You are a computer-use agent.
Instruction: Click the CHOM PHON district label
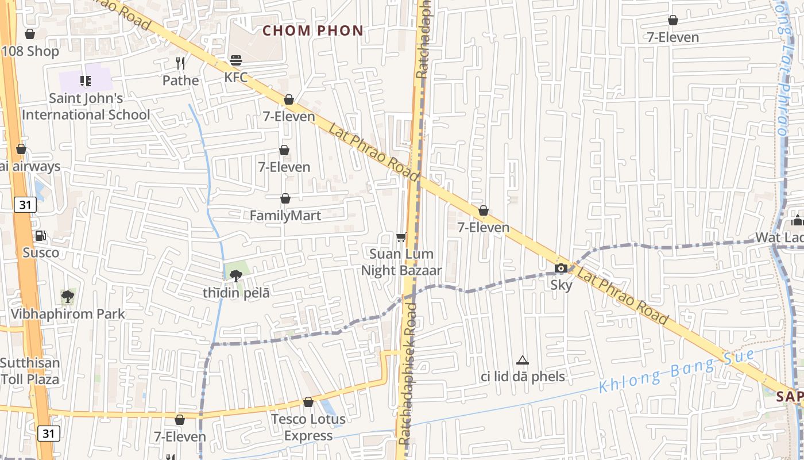(x=313, y=30)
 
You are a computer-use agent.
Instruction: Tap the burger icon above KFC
(x=235, y=60)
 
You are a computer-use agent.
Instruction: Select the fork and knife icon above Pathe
(x=180, y=63)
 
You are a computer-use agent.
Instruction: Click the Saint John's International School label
(x=86, y=106)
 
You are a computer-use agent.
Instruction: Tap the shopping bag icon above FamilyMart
(x=285, y=198)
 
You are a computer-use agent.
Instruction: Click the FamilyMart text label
(x=285, y=216)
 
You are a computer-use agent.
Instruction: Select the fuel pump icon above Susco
(x=41, y=235)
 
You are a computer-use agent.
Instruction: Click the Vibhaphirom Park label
(x=68, y=314)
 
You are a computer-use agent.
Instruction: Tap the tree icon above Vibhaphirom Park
(x=68, y=297)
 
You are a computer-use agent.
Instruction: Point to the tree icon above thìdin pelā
(x=235, y=276)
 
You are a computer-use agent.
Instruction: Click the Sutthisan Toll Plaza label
(x=30, y=371)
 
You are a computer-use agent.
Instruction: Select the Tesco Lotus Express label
(x=308, y=427)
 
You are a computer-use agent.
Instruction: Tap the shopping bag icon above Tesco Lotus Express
(x=308, y=402)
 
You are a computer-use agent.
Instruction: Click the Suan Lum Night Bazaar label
(x=401, y=262)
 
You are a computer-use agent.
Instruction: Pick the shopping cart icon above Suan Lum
(x=401, y=237)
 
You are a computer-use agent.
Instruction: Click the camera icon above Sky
(x=561, y=268)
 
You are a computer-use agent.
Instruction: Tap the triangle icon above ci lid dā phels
(x=522, y=361)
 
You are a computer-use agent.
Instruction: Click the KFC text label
(x=236, y=77)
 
